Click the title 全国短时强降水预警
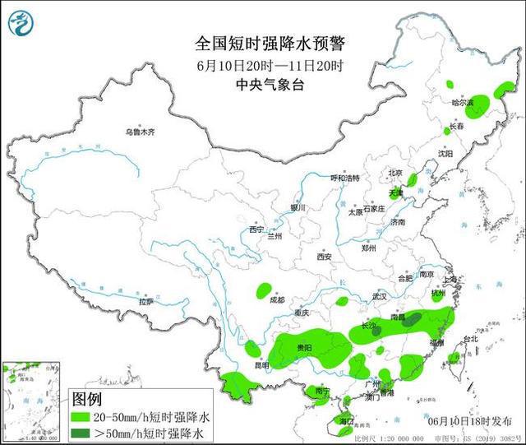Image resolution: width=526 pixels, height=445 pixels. [247, 43]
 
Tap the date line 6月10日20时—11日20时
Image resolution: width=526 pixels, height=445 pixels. [247, 64]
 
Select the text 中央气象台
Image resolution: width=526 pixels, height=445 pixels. [247, 84]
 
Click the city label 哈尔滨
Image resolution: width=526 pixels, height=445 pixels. [463, 103]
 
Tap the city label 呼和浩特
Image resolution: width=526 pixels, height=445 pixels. [345, 178]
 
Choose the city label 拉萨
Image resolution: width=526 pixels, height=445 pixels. [145, 302]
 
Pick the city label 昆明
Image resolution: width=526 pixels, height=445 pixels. [261, 364]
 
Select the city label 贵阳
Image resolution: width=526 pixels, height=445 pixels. [303, 348]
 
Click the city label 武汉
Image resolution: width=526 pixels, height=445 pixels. [378, 296]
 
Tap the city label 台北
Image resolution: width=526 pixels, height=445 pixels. [470, 339]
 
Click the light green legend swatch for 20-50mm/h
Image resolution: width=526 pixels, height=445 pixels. [84, 417]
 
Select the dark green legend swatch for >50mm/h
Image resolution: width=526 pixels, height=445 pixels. [84, 432]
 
